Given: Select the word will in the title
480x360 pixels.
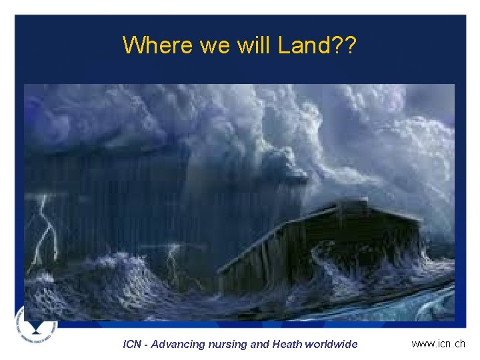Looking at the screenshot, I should pyautogui.click(x=252, y=45).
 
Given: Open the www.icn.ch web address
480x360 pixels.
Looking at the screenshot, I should pyautogui.click(x=438, y=344).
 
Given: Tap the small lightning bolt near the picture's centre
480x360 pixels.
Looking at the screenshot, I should pyautogui.click(x=175, y=260).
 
